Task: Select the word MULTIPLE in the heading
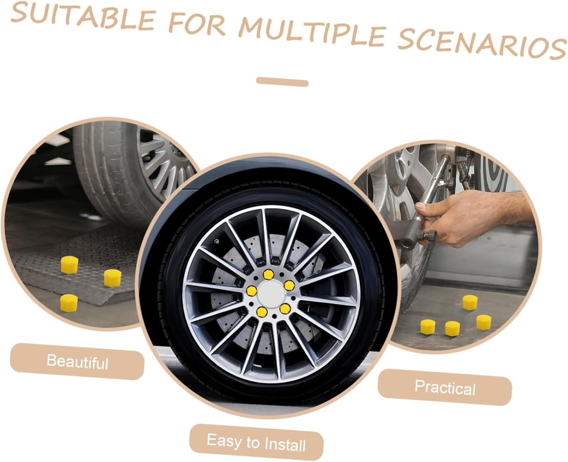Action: [x=314, y=32]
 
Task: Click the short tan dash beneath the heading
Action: [x=282, y=81]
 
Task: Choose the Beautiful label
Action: [x=77, y=361]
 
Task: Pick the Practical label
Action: [x=445, y=387]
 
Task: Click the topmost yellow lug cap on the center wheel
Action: [x=269, y=274]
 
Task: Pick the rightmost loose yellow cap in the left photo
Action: [x=111, y=277]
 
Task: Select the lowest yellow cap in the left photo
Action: [x=69, y=302]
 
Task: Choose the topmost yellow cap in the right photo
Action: [x=470, y=302]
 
